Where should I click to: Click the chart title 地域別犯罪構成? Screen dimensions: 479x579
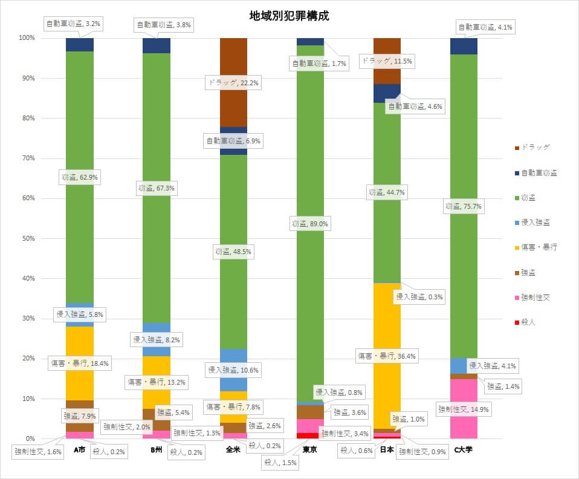[x=289, y=16]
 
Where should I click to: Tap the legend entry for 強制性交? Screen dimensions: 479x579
[x=535, y=298]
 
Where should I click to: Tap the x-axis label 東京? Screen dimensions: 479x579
[x=310, y=450]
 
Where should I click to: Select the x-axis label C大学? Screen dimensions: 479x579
[x=464, y=450]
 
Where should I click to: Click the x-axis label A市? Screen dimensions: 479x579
[x=80, y=450]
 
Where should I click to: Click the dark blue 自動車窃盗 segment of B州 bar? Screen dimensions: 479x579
[x=157, y=46]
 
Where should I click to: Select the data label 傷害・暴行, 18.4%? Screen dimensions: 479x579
[x=79, y=363]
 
